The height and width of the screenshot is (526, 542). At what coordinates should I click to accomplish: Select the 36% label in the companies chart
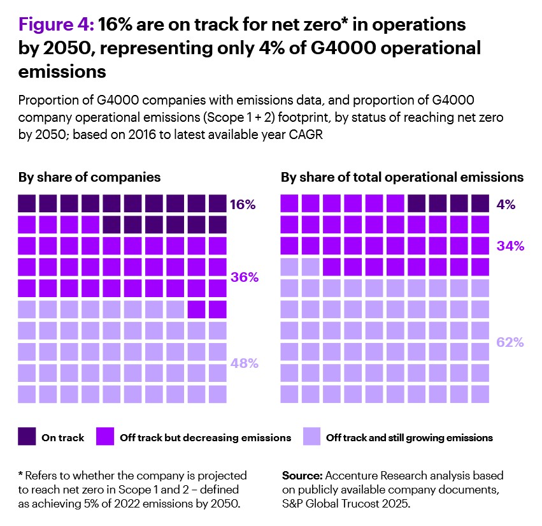click(x=244, y=277)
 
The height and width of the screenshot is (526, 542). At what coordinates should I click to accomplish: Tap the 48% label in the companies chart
click(x=244, y=363)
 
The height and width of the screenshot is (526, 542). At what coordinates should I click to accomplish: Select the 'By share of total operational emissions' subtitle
click(x=402, y=177)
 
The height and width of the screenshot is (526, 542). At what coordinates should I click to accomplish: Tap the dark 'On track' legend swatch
click(x=26, y=437)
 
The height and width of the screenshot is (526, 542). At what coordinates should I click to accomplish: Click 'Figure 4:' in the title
click(x=57, y=26)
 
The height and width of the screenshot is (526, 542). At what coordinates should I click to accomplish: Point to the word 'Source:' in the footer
click(x=302, y=476)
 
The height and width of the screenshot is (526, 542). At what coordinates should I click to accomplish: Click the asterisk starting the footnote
click(x=20, y=476)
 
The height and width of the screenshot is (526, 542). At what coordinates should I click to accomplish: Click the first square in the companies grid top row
click(x=26, y=204)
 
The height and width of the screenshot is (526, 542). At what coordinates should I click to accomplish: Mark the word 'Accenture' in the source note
click(x=351, y=476)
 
